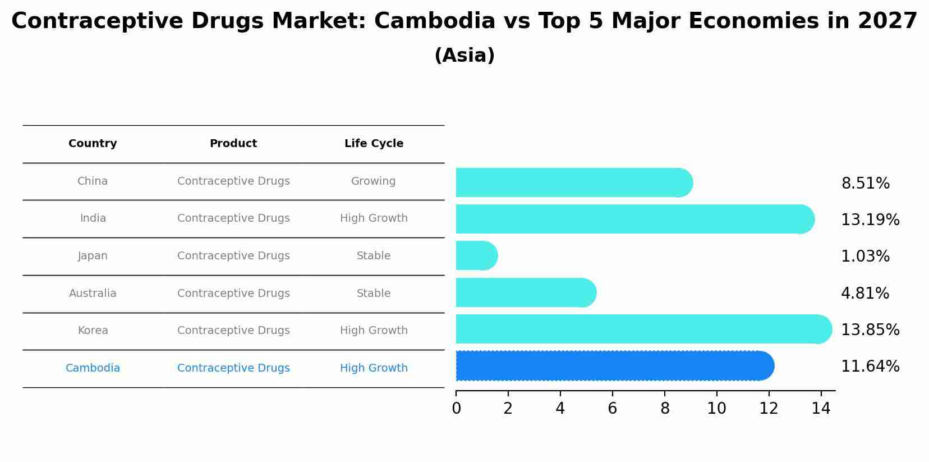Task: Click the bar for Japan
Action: point(476,256)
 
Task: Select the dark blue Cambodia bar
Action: point(614,366)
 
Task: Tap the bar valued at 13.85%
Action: point(643,329)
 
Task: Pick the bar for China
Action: point(574,182)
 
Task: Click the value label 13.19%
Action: point(870,219)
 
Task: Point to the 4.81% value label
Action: point(864,293)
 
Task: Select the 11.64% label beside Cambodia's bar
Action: point(870,367)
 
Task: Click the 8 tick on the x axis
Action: point(665,409)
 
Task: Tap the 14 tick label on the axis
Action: point(821,409)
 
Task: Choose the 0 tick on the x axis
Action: point(456,409)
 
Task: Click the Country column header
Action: point(93,144)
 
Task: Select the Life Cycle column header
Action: point(374,144)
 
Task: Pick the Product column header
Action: point(233,144)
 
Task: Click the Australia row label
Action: point(93,293)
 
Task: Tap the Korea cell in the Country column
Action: point(93,331)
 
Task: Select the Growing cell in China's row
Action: point(373,181)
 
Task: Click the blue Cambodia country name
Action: point(93,368)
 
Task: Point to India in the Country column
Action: point(93,218)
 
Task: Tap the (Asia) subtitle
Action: point(465,56)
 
